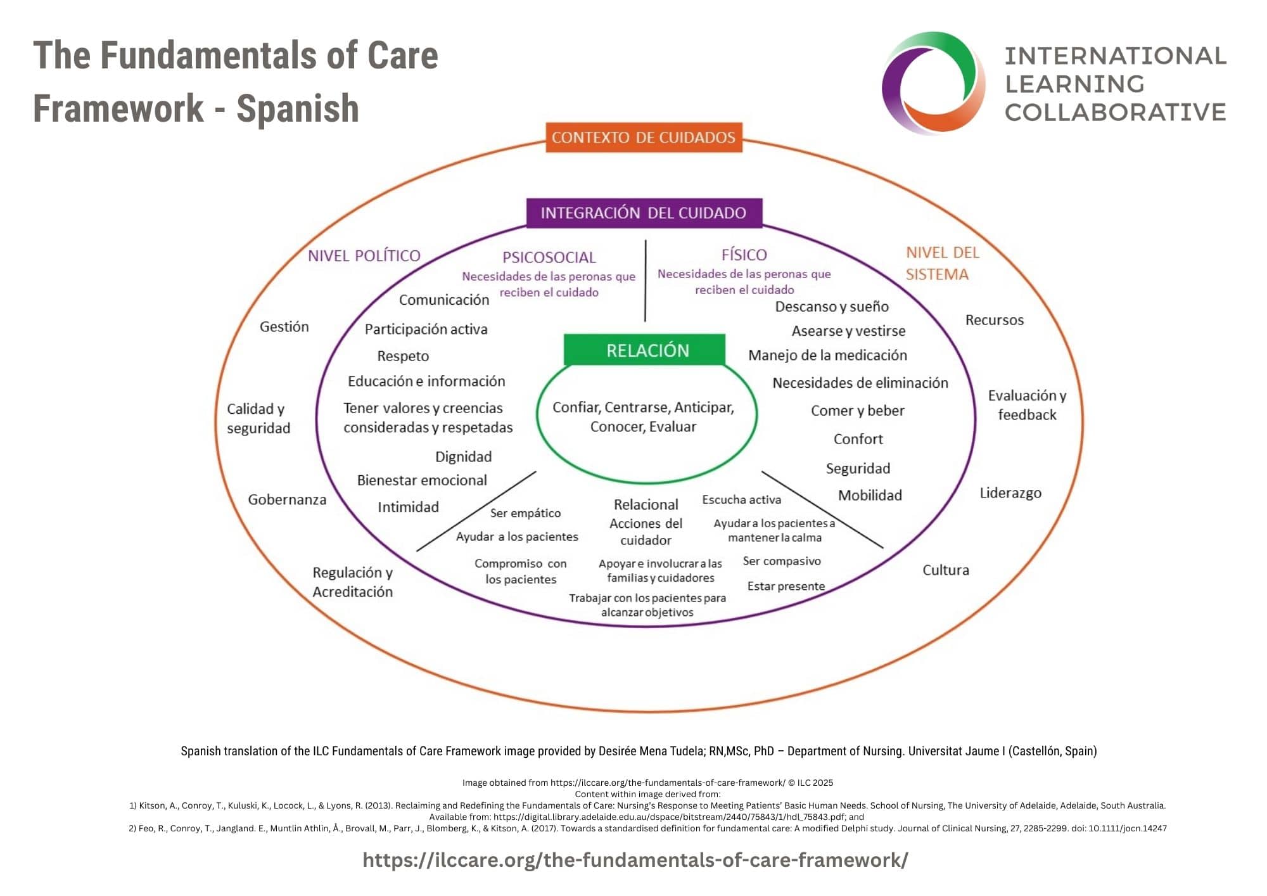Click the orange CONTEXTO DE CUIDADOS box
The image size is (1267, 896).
(x=643, y=138)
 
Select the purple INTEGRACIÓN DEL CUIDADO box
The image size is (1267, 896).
(x=643, y=213)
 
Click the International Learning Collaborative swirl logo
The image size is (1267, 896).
(x=933, y=82)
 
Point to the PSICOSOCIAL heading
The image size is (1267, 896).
(x=549, y=257)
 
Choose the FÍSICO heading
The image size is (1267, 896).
(x=744, y=255)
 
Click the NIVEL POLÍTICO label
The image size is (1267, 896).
(x=364, y=256)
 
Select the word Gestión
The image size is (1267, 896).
(x=284, y=327)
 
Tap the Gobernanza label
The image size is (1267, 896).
(x=287, y=500)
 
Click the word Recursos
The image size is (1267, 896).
(x=994, y=320)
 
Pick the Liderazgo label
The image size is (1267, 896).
(x=1010, y=493)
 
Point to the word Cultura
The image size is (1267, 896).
(x=945, y=570)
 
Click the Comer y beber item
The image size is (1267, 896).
(x=857, y=411)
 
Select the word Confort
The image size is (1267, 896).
(x=858, y=439)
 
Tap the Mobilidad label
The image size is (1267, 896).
(x=870, y=496)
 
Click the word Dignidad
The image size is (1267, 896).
(x=463, y=457)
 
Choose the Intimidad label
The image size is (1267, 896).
(x=408, y=507)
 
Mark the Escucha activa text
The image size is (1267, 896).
(x=741, y=500)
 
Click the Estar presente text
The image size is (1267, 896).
(x=786, y=586)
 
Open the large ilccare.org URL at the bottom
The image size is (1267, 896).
(x=635, y=860)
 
